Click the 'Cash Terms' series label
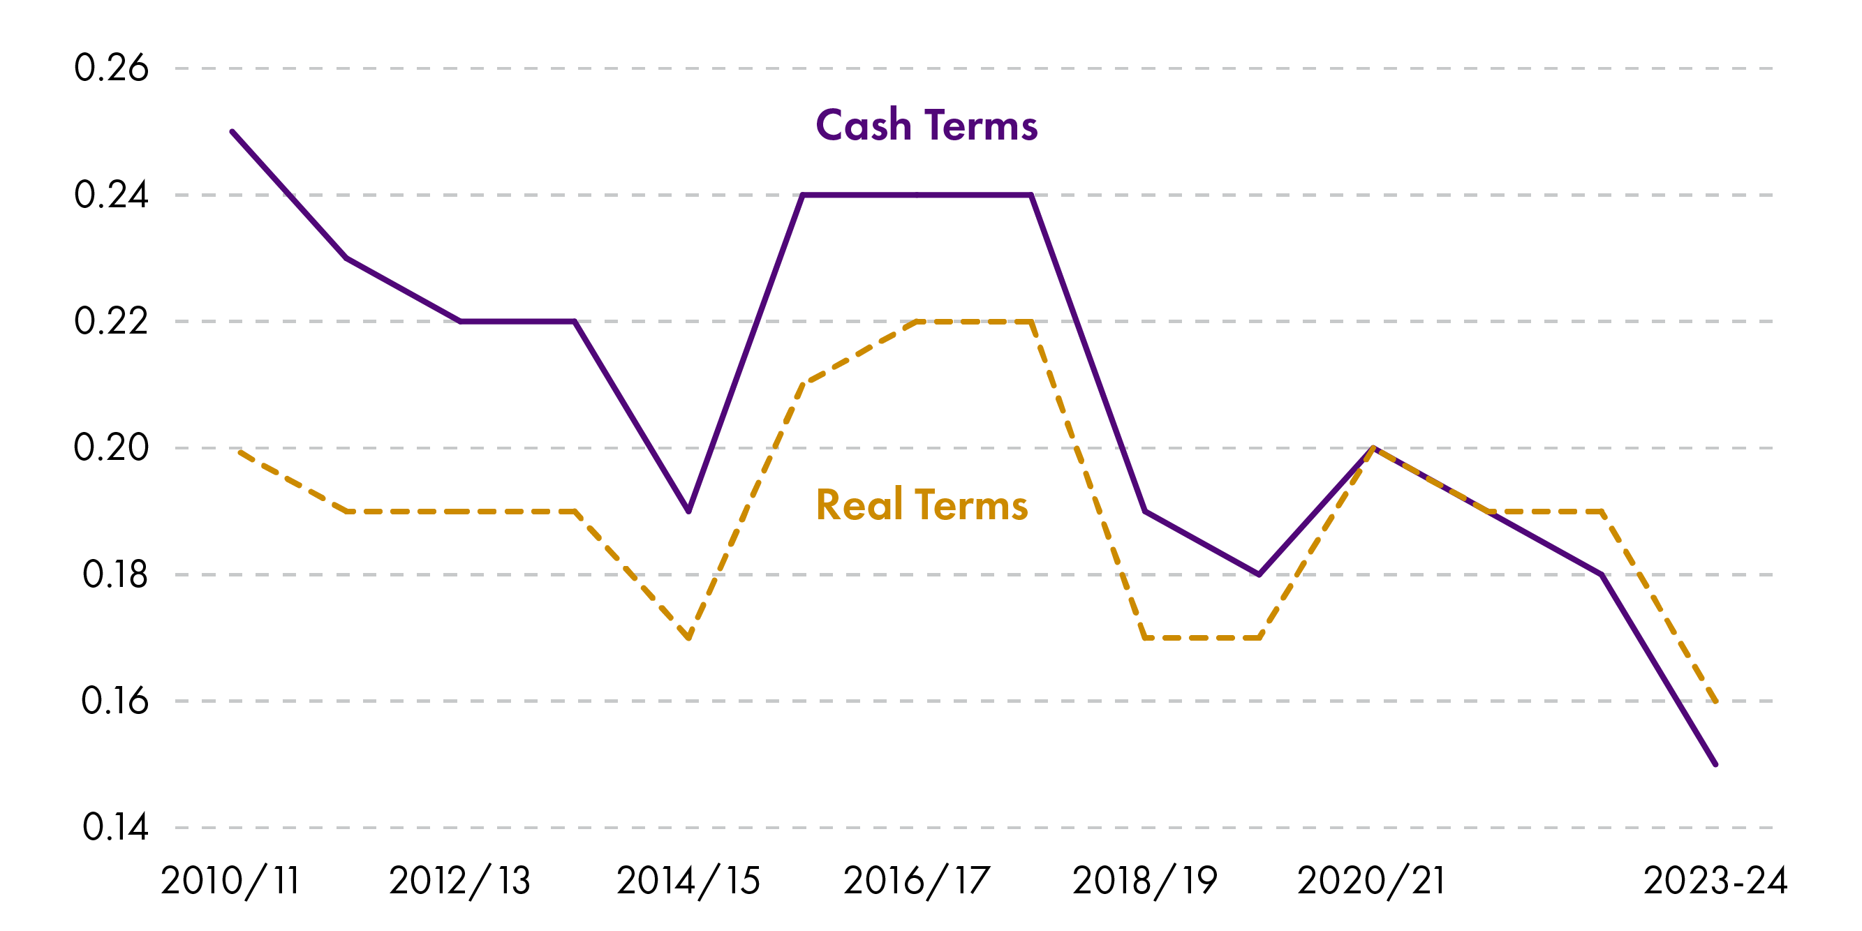pyautogui.click(x=926, y=126)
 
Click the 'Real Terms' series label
pyautogui.click(x=922, y=505)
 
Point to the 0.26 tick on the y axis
pyautogui.click(x=111, y=68)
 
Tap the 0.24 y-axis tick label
pyautogui.click(x=111, y=195)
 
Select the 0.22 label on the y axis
pyautogui.click(x=111, y=321)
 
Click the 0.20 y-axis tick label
pyautogui.click(x=111, y=447)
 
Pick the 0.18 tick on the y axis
pyautogui.click(x=115, y=574)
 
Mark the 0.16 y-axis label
pyautogui.click(x=115, y=701)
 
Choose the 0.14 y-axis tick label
pyautogui.click(x=115, y=827)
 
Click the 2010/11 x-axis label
pyautogui.click(x=230, y=881)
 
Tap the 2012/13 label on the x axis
pyautogui.click(x=459, y=881)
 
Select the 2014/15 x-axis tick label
pyautogui.click(x=688, y=881)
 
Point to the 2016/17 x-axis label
pyautogui.click(x=917, y=881)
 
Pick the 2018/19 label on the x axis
pyautogui.click(x=1145, y=881)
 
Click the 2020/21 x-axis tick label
pyautogui.click(x=1372, y=881)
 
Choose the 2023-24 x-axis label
pyautogui.click(x=1715, y=881)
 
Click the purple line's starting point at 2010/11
pyautogui.click(x=232, y=131)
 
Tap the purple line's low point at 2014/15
pyautogui.click(x=689, y=511)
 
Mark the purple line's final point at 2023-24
pyautogui.click(x=1715, y=764)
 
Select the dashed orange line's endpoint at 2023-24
pyautogui.click(x=1715, y=701)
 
